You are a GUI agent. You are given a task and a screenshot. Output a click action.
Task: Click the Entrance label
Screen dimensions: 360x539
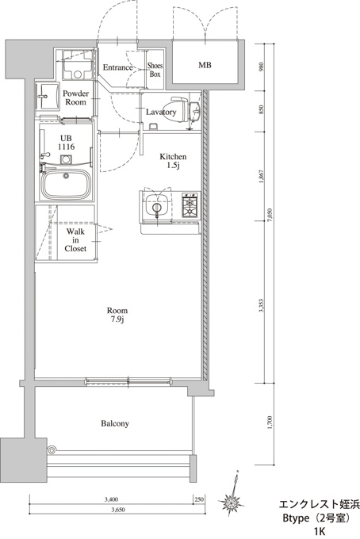point(117,67)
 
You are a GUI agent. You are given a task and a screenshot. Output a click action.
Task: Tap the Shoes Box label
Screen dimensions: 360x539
point(155,70)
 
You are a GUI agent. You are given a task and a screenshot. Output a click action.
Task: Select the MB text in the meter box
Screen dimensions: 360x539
point(205,65)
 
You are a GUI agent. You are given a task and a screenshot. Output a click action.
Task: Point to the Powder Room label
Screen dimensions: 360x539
point(75,97)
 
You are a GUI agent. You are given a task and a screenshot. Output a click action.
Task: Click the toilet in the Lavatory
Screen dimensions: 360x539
point(178,109)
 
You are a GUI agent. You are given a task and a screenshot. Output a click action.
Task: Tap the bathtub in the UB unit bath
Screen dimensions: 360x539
point(66,183)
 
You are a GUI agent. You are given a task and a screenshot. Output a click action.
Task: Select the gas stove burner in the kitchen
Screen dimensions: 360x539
point(190,205)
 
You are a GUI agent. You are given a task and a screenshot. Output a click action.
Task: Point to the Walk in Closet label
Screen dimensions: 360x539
point(75,240)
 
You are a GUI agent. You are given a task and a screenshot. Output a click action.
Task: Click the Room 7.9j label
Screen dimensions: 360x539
point(117,315)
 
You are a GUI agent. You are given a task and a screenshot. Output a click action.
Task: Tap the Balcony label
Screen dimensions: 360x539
point(115,423)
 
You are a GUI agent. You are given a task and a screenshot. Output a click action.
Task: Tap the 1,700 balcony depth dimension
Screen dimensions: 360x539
point(270,422)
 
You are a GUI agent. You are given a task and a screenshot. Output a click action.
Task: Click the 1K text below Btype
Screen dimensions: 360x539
point(320,531)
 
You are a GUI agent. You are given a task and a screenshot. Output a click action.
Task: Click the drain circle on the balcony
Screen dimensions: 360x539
point(52,449)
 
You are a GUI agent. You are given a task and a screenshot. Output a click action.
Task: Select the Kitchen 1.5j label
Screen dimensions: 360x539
point(173,161)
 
